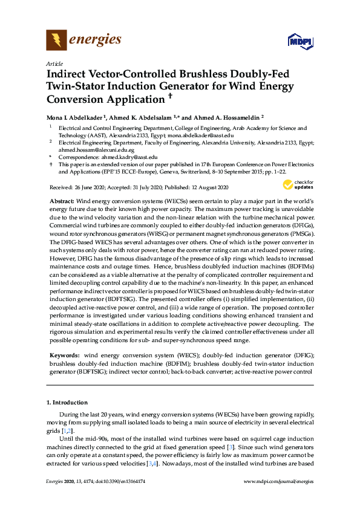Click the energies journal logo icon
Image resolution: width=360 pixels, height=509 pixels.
(x=56, y=41)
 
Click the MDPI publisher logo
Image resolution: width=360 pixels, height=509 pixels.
(x=300, y=42)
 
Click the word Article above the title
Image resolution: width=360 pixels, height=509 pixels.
(x=53, y=63)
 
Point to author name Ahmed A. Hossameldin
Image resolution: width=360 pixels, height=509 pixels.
(x=226, y=117)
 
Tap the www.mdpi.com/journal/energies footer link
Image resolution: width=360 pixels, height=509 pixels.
(x=278, y=481)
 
